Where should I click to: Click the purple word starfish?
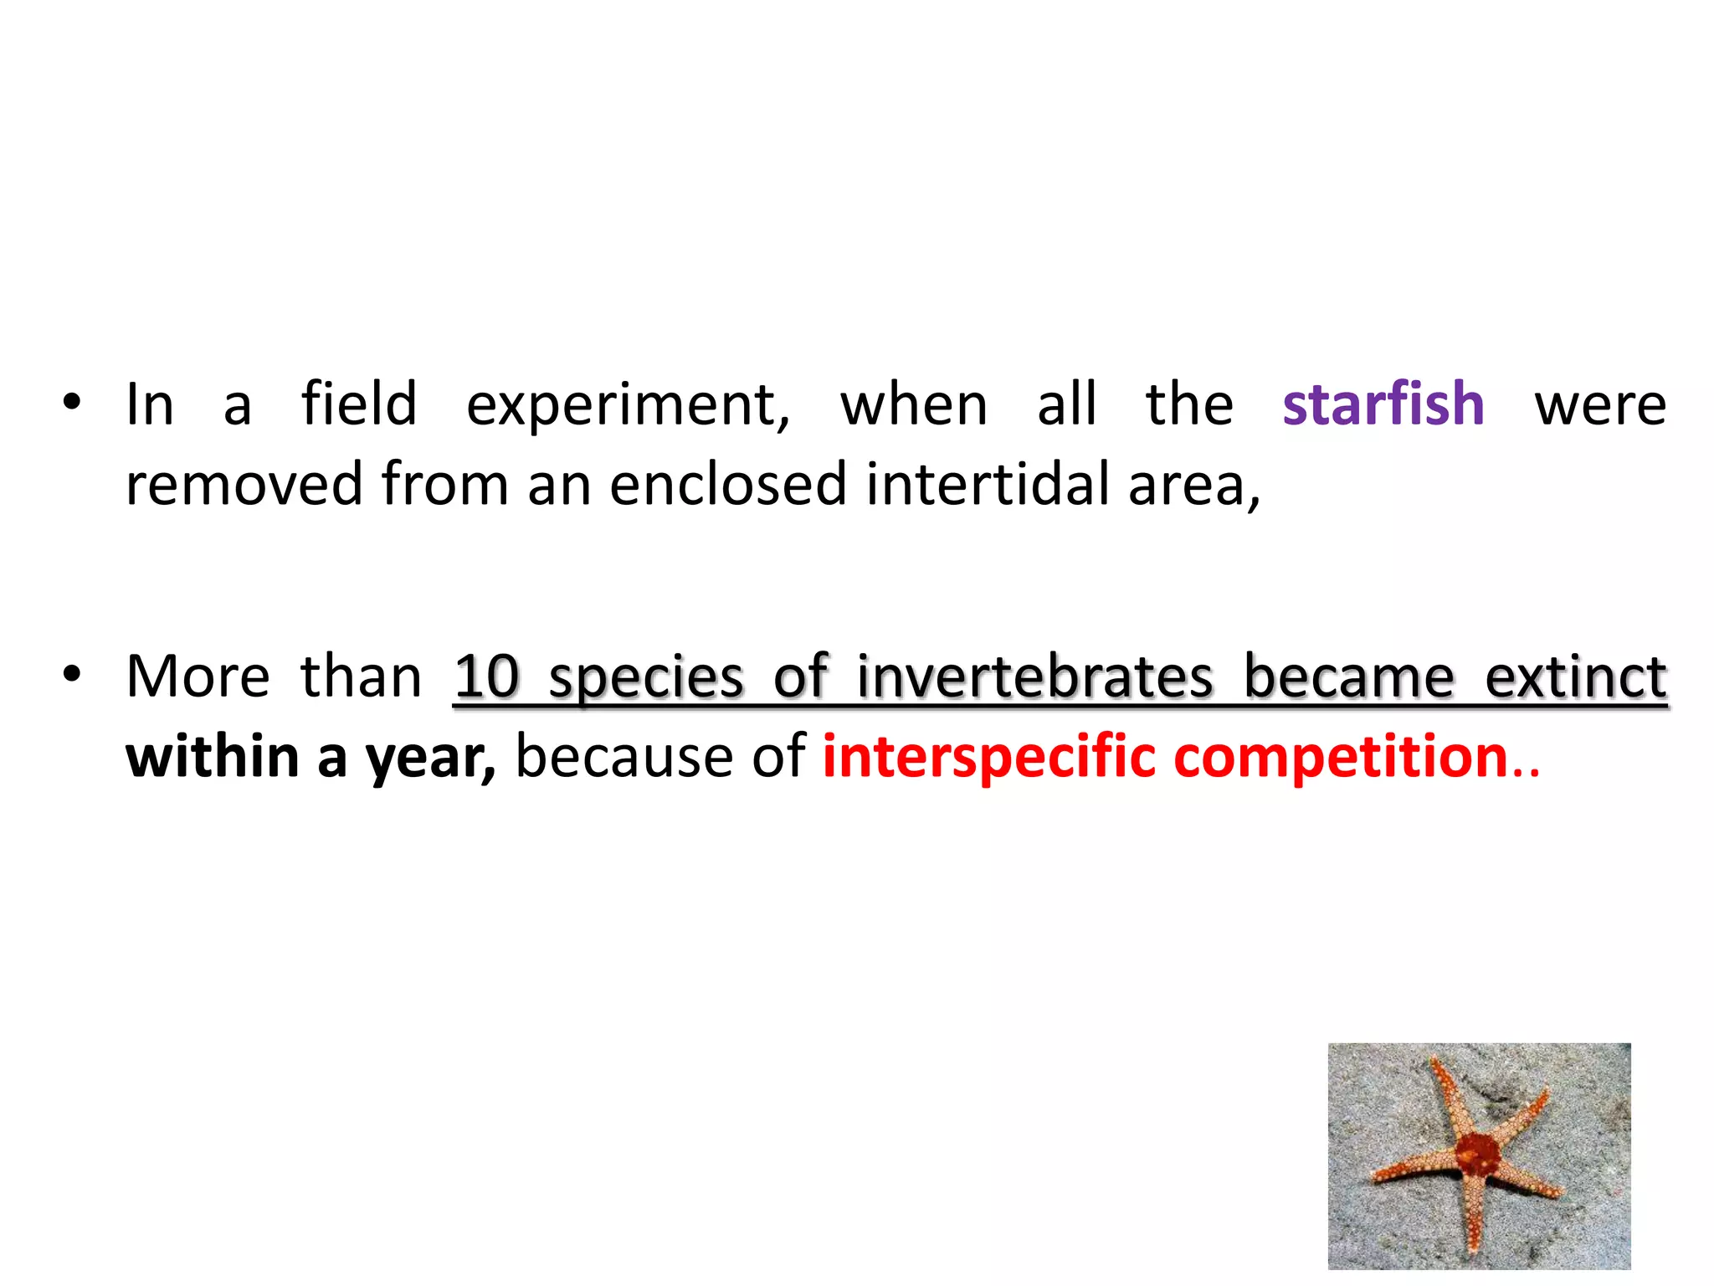[x=1383, y=404]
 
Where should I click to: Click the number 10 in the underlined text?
[x=486, y=676]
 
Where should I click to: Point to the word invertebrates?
[x=1034, y=676]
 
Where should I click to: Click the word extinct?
[x=1575, y=676]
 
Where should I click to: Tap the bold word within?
[x=213, y=756]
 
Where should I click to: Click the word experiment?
[x=628, y=405]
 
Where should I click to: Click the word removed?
[x=244, y=484]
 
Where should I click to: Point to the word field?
[x=358, y=404]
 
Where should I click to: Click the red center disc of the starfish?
[x=1475, y=1155]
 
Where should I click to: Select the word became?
[x=1349, y=676]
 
